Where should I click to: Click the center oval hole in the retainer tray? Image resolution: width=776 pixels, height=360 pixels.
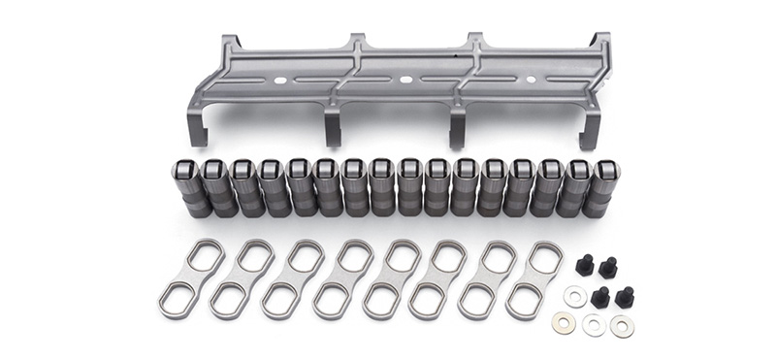(403, 77)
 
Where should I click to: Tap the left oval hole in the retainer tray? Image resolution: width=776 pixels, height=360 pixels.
(282, 79)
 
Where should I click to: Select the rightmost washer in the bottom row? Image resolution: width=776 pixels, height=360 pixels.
(621, 326)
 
